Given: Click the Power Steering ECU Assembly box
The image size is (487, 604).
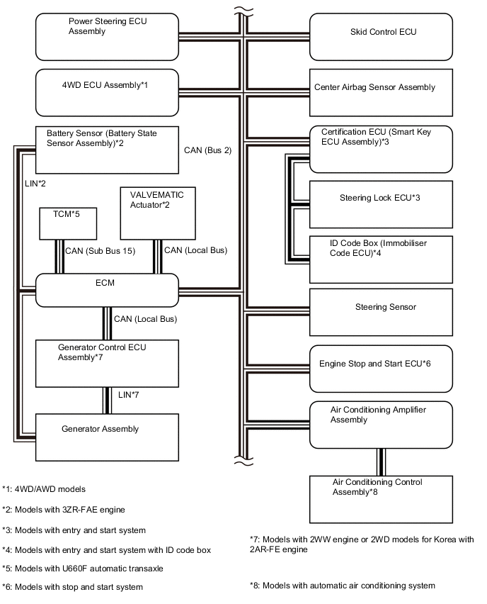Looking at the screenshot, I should point(106,38).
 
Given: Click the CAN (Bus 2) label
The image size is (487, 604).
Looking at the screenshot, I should point(207,150).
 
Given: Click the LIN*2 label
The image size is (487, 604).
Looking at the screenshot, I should point(35,185).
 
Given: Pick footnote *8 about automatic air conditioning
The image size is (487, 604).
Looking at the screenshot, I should point(342,586).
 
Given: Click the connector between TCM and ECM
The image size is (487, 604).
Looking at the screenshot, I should point(59,257).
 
